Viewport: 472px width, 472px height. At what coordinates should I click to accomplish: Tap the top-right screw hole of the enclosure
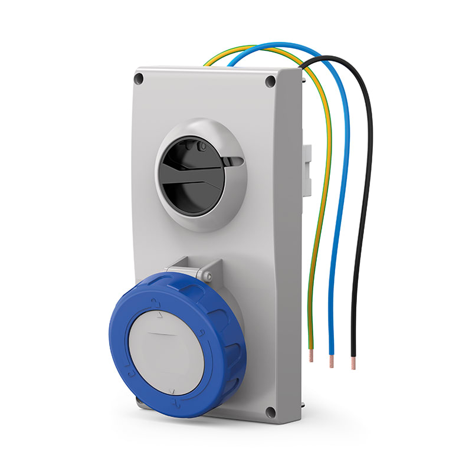[270, 81]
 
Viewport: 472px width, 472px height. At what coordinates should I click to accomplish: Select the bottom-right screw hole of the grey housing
[271, 412]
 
